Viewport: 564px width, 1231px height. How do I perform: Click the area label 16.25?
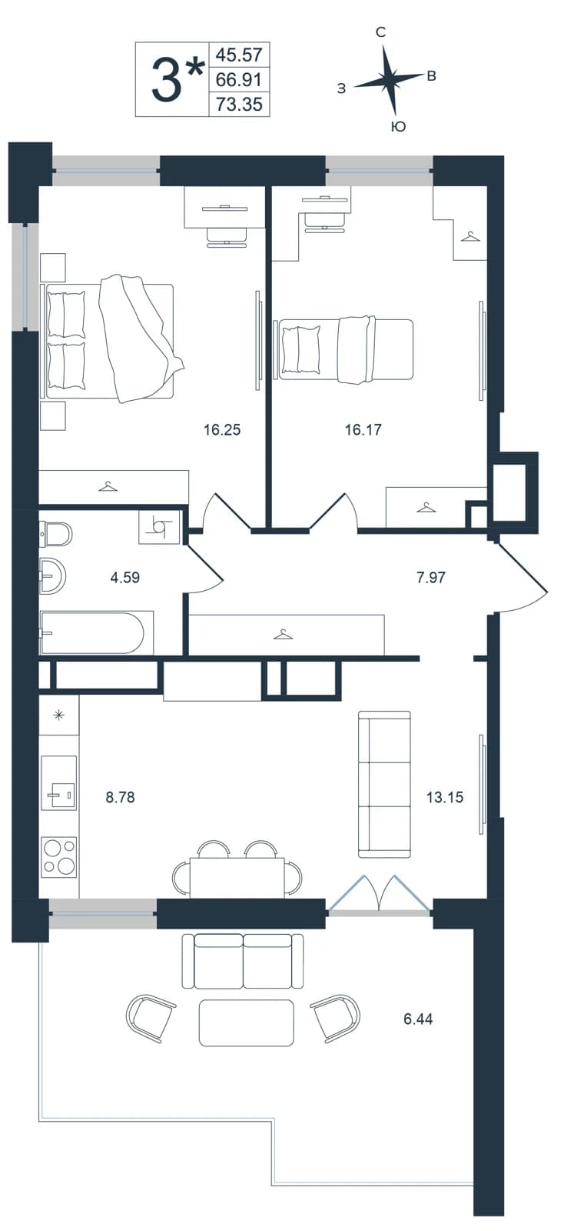[x=222, y=430]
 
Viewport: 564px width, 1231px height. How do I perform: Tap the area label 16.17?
[x=363, y=430]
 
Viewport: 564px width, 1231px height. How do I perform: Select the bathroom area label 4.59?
[x=125, y=578]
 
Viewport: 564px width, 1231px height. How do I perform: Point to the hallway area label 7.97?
[x=430, y=578]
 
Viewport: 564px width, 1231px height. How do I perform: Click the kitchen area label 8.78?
[x=120, y=797]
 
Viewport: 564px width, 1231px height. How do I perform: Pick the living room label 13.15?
[x=445, y=797]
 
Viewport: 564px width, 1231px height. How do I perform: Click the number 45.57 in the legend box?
[x=239, y=55]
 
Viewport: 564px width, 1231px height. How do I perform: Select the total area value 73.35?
[x=239, y=104]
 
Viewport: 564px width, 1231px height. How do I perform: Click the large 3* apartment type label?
[x=177, y=80]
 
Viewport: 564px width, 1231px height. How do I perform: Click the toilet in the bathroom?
[x=55, y=534]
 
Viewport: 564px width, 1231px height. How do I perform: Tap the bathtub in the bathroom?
[x=92, y=632]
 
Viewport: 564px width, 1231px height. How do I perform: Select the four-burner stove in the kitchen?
[x=59, y=856]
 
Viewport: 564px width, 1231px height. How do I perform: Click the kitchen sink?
[x=58, y=781]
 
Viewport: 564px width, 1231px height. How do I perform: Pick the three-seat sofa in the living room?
[x=385, y=784]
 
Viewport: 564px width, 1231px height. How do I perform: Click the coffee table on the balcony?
[x=247, y=1022]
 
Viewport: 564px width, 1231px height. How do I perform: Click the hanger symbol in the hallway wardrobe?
[x=283, y=635]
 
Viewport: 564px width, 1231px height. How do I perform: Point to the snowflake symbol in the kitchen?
[x=58, y=715]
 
